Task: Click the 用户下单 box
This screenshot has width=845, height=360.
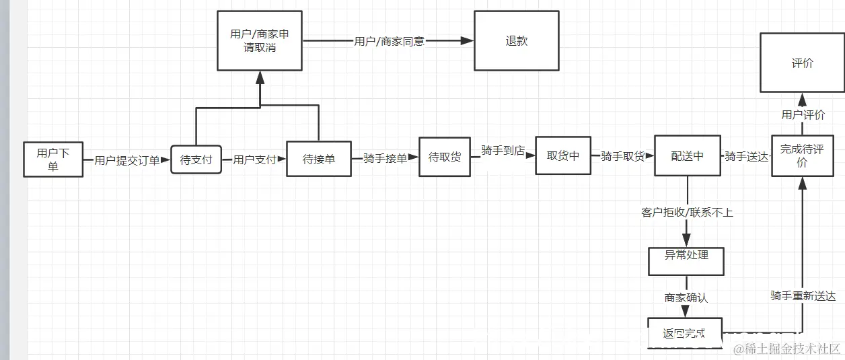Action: tap(53, 159)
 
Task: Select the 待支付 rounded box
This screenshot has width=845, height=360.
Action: tap(196, 160)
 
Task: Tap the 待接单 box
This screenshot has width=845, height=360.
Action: tap(318, 159)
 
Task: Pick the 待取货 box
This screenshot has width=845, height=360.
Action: tap(444, 157)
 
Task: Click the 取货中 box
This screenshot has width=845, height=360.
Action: tap(563, 155)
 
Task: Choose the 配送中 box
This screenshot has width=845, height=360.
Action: tap(687, 155)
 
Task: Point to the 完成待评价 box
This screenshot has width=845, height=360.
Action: tap(802, 155)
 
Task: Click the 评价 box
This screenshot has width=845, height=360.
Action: tap(802, 63)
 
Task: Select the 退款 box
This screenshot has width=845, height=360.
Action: tap(516, 40)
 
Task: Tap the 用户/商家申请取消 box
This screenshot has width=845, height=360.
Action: tap(260, 40)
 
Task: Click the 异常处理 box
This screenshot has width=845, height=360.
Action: tap(686, 261)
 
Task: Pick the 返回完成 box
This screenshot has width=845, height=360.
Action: tap(685, 333)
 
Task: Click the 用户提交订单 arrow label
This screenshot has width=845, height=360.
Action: tap(127, 160)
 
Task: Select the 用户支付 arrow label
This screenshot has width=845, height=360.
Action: tap(254, 160)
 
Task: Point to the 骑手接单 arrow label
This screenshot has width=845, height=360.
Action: tap(385, 159)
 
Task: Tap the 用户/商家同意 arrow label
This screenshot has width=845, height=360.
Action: tap(389, 41)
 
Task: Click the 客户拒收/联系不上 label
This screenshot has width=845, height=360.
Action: tap(687, 213)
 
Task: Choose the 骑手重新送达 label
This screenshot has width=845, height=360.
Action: tap(803, 296)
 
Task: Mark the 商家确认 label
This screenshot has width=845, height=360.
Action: tap(686, 297)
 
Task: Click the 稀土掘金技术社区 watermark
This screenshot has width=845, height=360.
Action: tap(787, 349)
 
